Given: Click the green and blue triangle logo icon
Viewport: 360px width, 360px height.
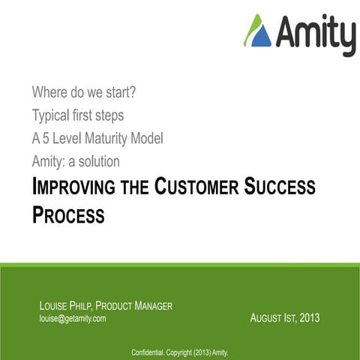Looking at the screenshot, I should (x=257, y=31).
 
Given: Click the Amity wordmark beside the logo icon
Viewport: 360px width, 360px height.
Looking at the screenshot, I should (x=315, y=32).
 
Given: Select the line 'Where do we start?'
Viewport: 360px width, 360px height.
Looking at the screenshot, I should (x=83, y=93).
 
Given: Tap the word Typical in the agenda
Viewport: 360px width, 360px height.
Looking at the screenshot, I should (x=53, y=115).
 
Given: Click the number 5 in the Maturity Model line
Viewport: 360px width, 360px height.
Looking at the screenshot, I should (x=46, y=138).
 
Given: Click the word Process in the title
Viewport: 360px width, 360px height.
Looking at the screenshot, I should (x=68, y=215).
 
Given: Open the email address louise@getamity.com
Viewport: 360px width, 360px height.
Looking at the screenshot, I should (x=72, y=318).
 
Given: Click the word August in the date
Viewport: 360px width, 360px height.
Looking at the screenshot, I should (x=268, y=318).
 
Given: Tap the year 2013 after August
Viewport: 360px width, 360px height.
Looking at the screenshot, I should (x=309, y=318).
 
